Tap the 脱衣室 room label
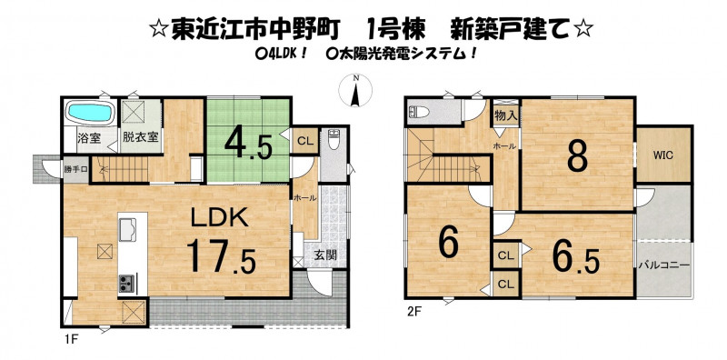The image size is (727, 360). pyautogui.click(x=141, y=138)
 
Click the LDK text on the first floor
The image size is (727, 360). pyautogui.click(x=220, y=217)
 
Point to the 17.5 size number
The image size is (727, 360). pyautogui.click(x=221, y=256)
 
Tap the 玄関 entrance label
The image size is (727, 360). pyautogui.click(x=325, y=255)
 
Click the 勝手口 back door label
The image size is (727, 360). pyautogui.click(x=75, y=169)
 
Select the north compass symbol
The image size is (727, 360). pyautogui.click(x=355, y=90)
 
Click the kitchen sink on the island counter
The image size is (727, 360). pyautogui.click(x=127, y=230)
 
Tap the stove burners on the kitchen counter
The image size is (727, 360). pyautogui.click(x=127, y=283)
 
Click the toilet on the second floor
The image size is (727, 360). pyautogui.click(x=419, y=112)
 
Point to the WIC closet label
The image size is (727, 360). pyautogui.click(x=663, y=155)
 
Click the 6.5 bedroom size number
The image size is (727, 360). pyautogui.click(x=575, y=260)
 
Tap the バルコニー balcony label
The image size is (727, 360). pyautogui.click(x=664, y=265)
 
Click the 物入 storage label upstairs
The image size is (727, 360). pyautogui.click(x=505, y=115)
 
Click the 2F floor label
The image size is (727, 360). pyautogui.click(x=413, y=312)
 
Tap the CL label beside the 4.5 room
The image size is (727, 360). pyautogui.click(x=304, y=141)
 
